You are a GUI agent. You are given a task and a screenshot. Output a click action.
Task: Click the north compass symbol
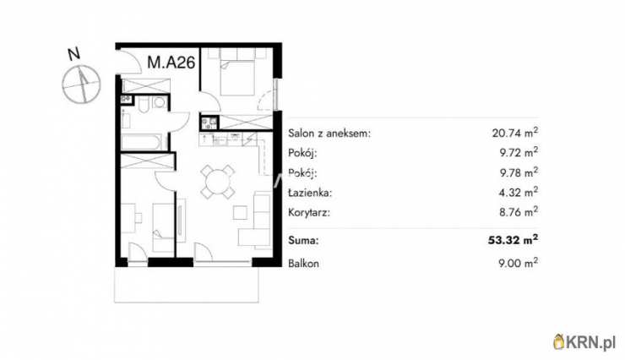pos(81,83)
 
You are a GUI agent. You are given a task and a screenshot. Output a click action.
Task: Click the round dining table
pos(219,180)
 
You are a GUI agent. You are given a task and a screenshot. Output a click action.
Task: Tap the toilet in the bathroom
pos(146,105)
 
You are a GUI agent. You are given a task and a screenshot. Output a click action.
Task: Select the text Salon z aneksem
pos(329,134)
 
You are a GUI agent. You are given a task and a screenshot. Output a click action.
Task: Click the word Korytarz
pos(309,212)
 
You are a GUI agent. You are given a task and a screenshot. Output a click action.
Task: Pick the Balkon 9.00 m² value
pos(514,264)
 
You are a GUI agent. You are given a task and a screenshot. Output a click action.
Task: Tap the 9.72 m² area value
pos(514,153)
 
